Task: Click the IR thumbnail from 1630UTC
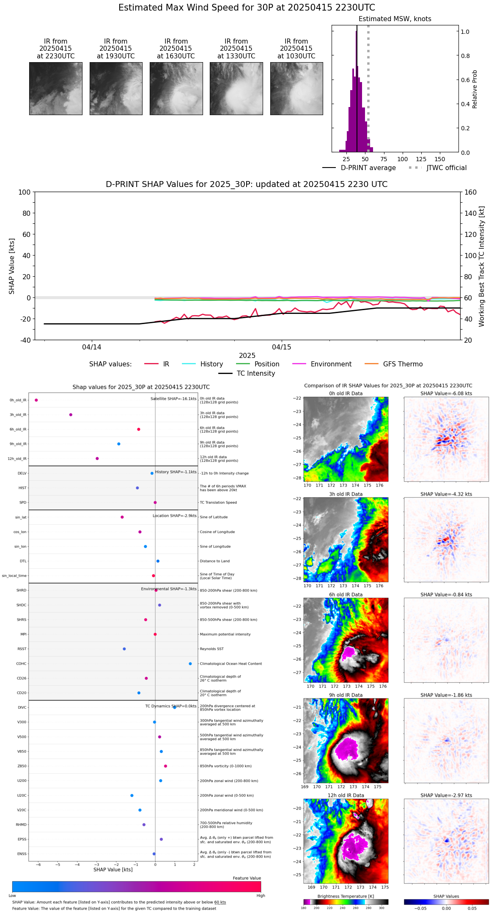click(x=176, y=88)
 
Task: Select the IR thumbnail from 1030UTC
click(x=296, y=88)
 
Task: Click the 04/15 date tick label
click(x=282, y=347)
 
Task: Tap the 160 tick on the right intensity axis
click(x=471, y=192)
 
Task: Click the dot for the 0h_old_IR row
click(x=36, y=400)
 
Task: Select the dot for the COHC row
click(x=190, y=664)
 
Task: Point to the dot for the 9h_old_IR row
click(x=119, y=444)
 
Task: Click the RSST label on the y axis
click(x=22, y=649)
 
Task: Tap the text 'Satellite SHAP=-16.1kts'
click(x=173, y=399)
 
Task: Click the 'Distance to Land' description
click(x=215, y=561)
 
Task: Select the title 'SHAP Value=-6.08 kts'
click(x=446, y=394)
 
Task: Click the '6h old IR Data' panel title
click(x=346, y=595)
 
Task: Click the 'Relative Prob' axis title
click(x=475, y=89)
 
